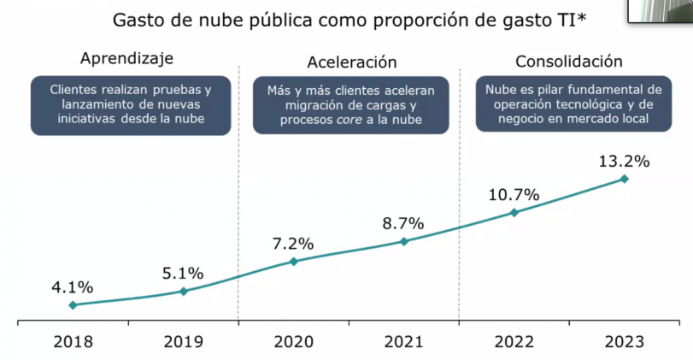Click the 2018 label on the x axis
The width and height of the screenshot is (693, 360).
click(x=73, y=342)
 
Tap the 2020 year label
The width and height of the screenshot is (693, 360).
click(x=294, y=342)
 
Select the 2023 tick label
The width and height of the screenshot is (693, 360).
click(x=624, y=342)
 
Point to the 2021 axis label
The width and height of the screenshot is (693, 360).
click(x=404, y=342)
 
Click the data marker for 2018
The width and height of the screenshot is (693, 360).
click(x=73, y=305)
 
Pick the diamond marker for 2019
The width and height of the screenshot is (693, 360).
click(x=184, y=292)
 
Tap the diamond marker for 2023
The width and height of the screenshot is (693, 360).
click(x=625, y=179)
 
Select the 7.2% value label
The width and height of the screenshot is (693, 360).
click(x=293, y=243)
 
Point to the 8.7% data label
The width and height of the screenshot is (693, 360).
click(x=403, y=223)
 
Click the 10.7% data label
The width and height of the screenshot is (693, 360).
click(x=514, y=194)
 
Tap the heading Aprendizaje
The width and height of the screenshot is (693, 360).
click(x=126, y=59)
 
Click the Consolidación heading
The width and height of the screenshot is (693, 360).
click(x=569, y=62)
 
